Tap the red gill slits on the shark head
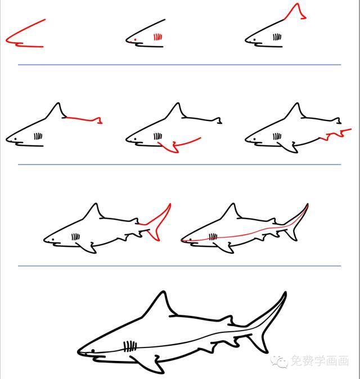point(158,38)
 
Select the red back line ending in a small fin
point(84,119)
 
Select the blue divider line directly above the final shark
point(179,266)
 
